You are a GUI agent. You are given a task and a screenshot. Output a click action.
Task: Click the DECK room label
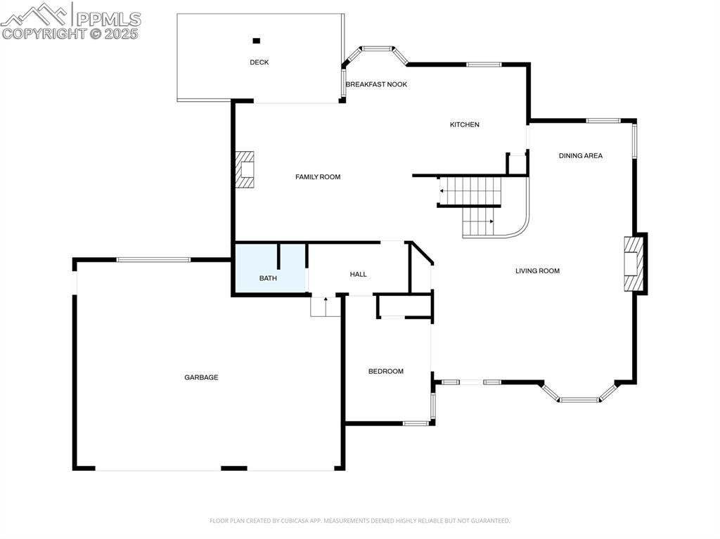[259, 63]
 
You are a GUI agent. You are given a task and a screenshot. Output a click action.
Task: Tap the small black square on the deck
[257, 41]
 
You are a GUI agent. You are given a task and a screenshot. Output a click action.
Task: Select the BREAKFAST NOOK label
[376, 84]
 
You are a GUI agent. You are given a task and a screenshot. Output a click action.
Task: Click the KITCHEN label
[464, 124]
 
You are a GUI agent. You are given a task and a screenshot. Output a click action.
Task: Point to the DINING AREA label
[580, 155]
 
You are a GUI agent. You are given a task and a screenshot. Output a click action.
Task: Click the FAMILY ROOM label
[318, 177]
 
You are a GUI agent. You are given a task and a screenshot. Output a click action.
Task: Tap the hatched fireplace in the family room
[244, 170]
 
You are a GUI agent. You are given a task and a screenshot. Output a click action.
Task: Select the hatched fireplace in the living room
[634, 264]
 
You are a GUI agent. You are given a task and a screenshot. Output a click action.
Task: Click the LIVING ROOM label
[537, 271]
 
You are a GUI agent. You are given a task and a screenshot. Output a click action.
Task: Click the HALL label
[358, 274]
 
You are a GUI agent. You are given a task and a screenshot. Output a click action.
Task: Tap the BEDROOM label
[386, 371]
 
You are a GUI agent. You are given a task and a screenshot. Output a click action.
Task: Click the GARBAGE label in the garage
[201, 377]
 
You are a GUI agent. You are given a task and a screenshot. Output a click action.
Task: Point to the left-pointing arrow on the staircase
[443, 190]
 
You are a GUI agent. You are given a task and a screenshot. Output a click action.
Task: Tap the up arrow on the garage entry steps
[326, 301]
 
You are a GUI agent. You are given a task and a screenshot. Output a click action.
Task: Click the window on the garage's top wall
[153, 260]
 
